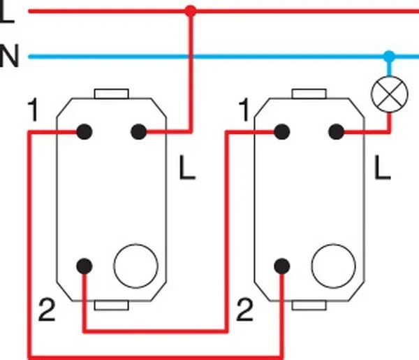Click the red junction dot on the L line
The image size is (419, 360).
pyautogui.click(x=191, y=11)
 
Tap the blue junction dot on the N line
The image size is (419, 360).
pyautogui.click(x=389, y=57)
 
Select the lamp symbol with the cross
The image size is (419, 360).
pyautogui.click(x=390, y=94)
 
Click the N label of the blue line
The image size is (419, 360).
pyautogui.click(x=9, y=56)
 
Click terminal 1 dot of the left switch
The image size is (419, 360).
pyautogui.click(x=84, y=131)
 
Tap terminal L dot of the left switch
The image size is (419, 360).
pyautogui.click(x=139, y=131)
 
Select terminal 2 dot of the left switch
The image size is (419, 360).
pyautogui.click(x=84, y=266)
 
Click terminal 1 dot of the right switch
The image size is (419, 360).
pyautogui.click(x=282, y=131)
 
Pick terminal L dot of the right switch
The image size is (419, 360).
pyautogui.click(x=337, y=131)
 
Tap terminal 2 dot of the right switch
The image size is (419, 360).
pyautogui.click(x=282, y=266)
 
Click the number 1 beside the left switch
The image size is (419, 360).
pyautogui.click(x=34, y=110)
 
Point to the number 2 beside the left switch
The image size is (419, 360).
pyautogui.click(x=47, y=310)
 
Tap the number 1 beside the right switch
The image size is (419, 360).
pyautogui.click(x=244, y=110)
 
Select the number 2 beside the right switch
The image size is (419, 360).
pyautogui.click(x=245, y=310)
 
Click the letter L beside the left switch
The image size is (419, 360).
pyautogui.click(x=187, y=168)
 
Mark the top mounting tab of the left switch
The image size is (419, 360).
pyautogui.click(x=112, y=94)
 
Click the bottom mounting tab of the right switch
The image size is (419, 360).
pyautogui.click(x=309, y=305)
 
